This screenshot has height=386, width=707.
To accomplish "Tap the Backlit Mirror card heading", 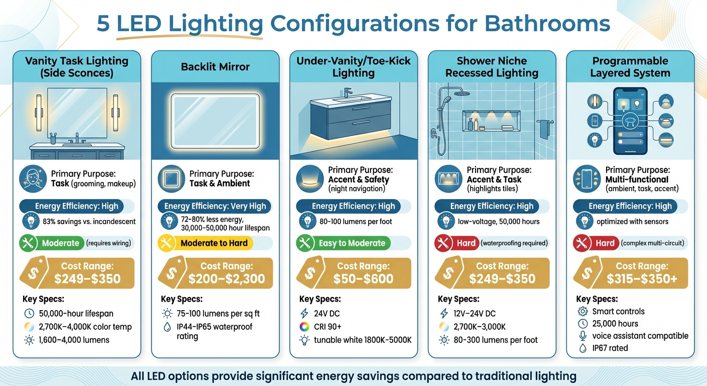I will point(215,66).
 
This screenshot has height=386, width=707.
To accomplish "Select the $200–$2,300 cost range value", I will point(226,279).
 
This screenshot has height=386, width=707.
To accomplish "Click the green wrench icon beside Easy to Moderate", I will point(304,243).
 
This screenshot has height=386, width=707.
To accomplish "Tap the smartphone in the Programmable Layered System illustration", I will point(630,121).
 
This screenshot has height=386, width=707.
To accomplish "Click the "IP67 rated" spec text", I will point(610,348).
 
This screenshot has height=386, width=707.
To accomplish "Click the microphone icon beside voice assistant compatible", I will point(582,336).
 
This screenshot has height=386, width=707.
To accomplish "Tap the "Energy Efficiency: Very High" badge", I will point(215,206).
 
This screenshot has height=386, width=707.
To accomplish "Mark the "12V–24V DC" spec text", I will point(474,314).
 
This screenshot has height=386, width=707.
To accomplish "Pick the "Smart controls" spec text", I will point(618,312).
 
